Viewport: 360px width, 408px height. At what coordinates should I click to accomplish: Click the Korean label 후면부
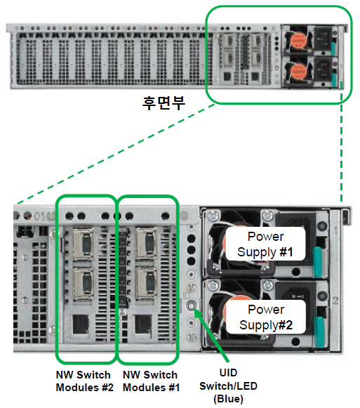point(164,103)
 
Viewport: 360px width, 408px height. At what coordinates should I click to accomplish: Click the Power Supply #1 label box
point(265,244)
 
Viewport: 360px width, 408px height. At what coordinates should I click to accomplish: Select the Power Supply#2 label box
point(265,317)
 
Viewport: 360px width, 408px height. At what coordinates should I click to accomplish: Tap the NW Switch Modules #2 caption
point(84,381)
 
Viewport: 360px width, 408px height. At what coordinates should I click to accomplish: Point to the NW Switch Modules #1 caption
point(151,381)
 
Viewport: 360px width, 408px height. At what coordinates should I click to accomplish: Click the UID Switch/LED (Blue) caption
point(228,386)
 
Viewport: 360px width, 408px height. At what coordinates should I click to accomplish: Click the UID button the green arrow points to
point(191,305)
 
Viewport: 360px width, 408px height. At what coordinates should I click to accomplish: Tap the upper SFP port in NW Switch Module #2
point(84,244)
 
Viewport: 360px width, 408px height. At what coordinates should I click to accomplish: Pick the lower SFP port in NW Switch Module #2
point(84,284)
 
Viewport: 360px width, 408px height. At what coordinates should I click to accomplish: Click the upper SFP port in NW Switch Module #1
point(147,244)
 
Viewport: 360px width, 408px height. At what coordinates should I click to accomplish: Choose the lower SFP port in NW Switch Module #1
point(147,283)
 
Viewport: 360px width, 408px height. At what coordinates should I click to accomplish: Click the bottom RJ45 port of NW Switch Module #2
point(80,324)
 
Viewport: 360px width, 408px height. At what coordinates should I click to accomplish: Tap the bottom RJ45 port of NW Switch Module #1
point(142,324)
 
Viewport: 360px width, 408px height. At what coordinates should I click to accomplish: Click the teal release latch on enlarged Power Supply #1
point(317,261)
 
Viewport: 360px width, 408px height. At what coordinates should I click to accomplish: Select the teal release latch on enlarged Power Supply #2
point(319,331)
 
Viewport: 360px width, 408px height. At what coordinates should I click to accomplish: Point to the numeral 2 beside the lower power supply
point(335,301)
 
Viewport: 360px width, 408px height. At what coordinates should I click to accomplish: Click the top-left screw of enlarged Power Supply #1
point(213,215)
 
